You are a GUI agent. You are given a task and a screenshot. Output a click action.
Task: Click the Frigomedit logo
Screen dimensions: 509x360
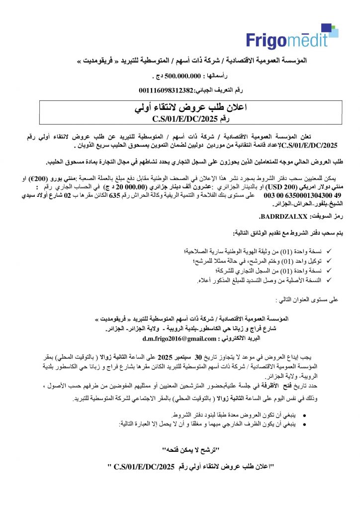[287, 36]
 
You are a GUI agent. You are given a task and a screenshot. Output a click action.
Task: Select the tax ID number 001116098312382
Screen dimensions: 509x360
[165, 89]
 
